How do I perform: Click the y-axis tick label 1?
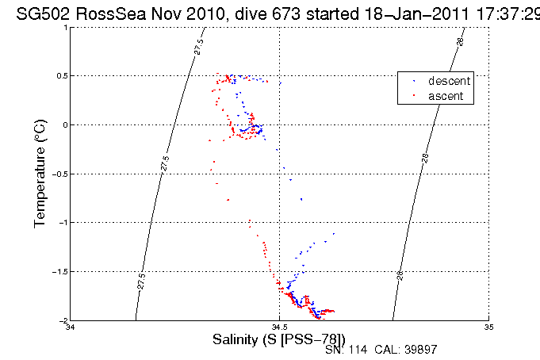click(65, 27)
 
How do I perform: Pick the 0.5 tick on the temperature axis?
click(62, 76)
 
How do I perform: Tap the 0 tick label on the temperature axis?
click(65, 125)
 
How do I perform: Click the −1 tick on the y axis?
click(63, 223)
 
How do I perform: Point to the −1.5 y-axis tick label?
click(60, 272)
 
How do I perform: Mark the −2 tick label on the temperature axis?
click(63, 321)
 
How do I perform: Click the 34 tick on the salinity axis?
click(71, 327)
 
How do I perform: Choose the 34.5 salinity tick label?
click(279, 327)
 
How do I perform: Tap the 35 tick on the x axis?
click(488, 327)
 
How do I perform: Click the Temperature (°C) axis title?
click(40, 174)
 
